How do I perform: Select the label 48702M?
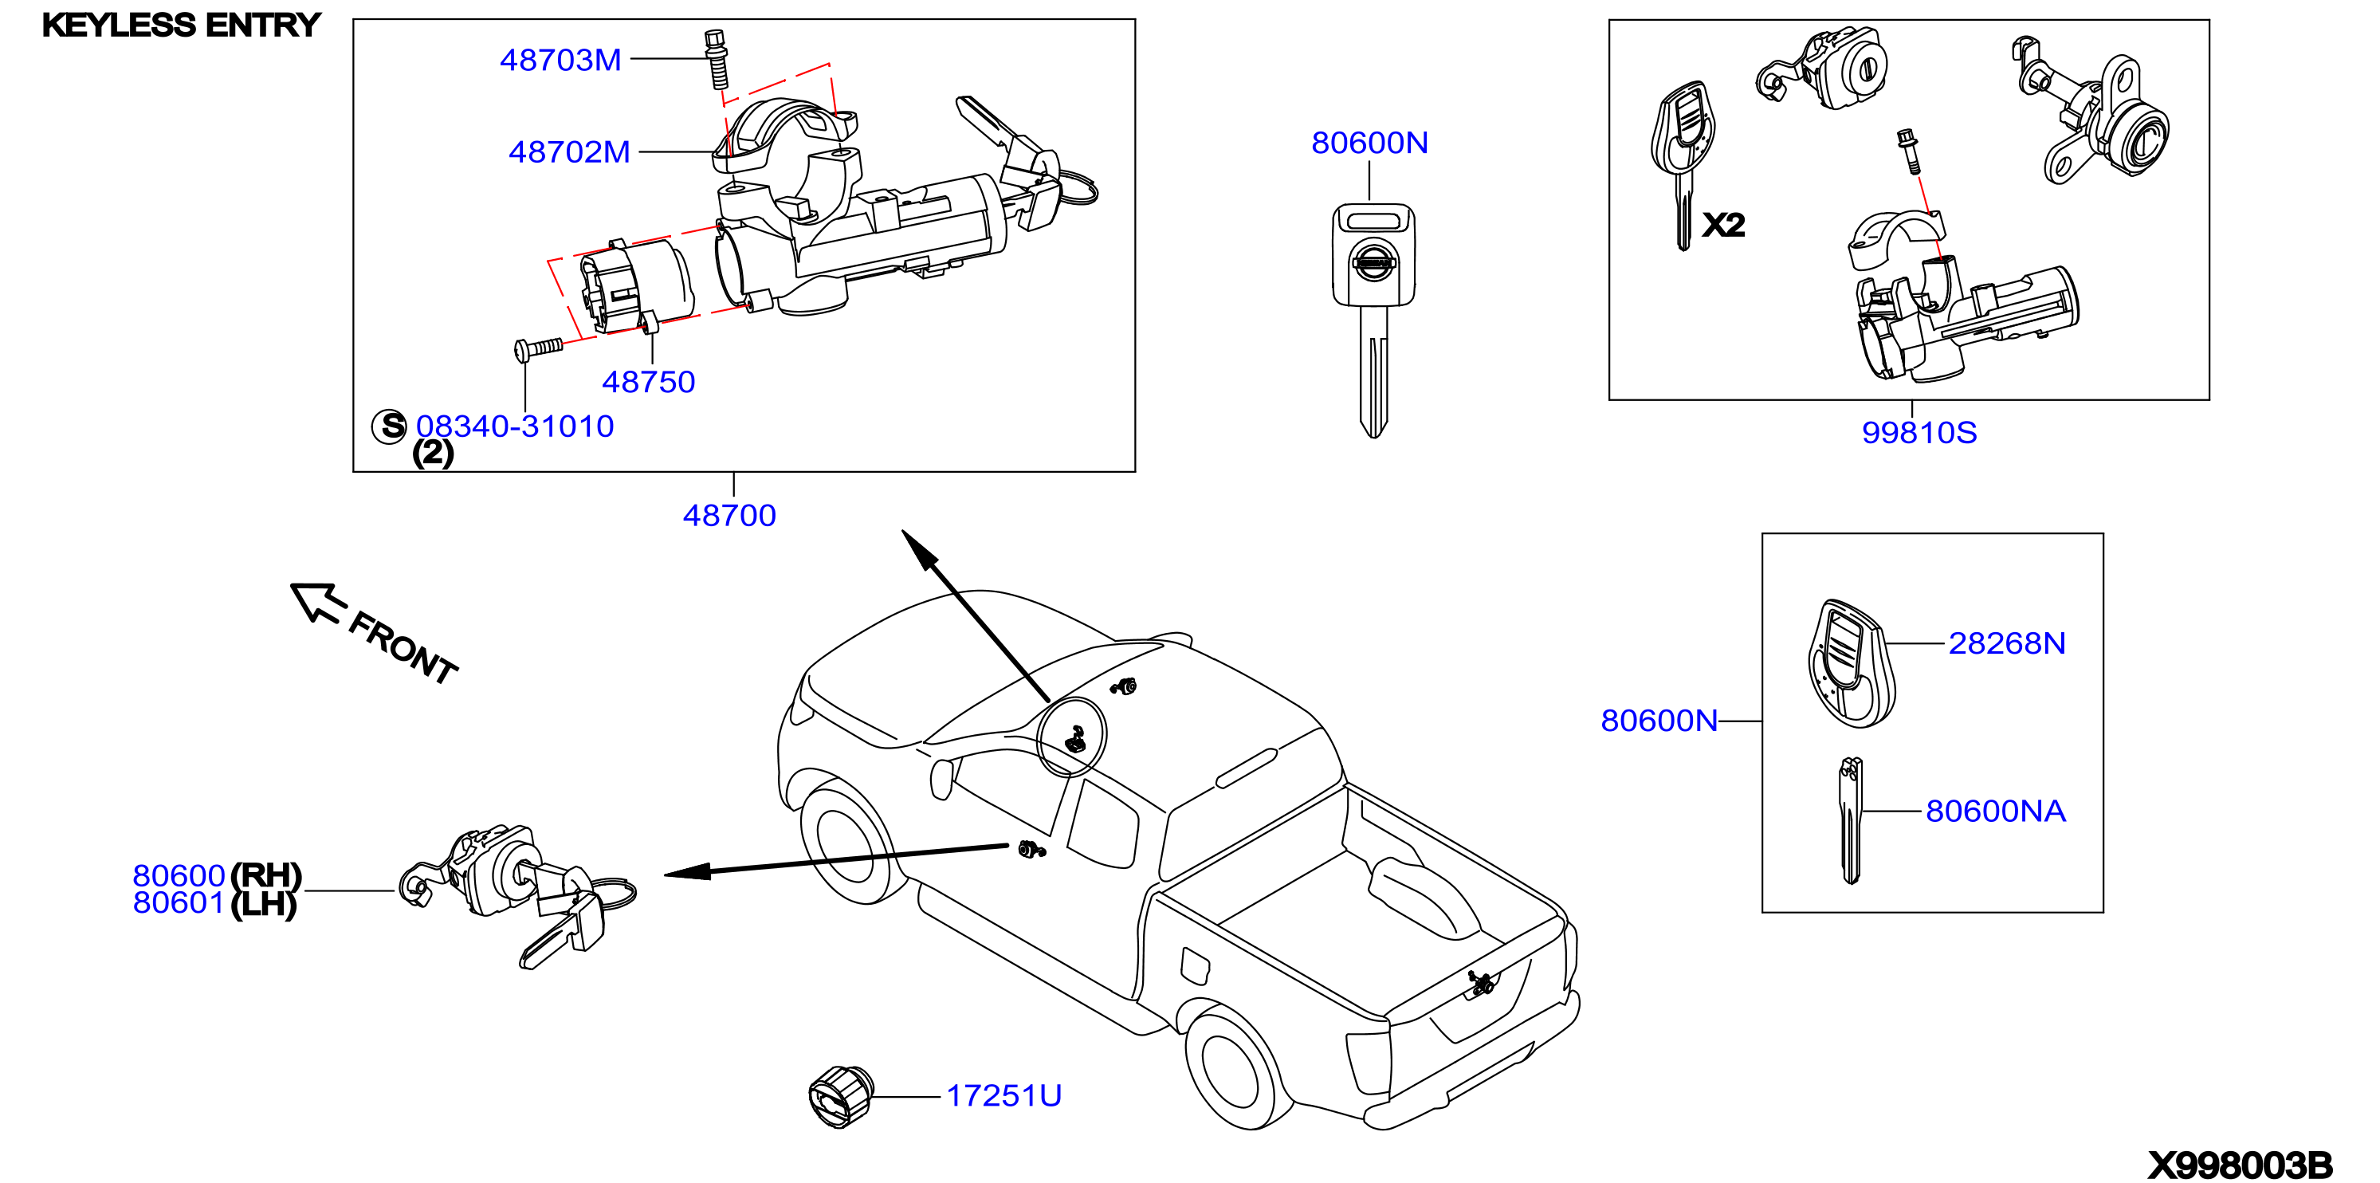(x=569, y=151)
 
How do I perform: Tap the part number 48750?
(x=649, y=382)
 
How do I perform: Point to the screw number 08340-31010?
(x=515, y=426)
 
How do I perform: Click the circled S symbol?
(x=390, y=426)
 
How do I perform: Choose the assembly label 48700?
(x=729, y=515)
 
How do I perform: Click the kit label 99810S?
(x=1919, y=433)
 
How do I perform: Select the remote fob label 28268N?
(x=2007, y=643)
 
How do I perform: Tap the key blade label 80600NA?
(x=1995, y=811)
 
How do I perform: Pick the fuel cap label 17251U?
(x=1003, y=1095)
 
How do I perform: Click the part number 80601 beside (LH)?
(x=179, y=903)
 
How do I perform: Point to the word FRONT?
(x=404, y=648)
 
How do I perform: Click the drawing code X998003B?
(x=2240, y=1165)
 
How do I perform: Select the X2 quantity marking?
(x=1723, y=225)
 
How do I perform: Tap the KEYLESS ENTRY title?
(x=181, y=25)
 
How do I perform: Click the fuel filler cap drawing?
(x=840, y=1096)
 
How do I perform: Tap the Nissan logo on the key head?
(x=1373, y=262)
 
